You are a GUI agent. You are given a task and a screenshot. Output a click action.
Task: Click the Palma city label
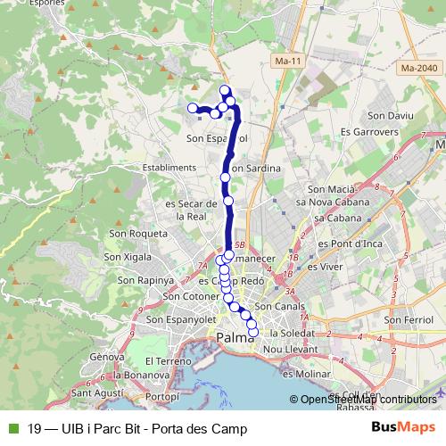pos(235,336)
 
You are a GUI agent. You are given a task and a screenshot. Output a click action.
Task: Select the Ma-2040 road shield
pos(419,68)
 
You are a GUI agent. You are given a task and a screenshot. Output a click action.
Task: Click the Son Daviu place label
pos(389,116)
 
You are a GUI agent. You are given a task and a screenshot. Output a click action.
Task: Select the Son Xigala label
pos(129,256)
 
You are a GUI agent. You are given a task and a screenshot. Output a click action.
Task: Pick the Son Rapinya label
pos(142,279)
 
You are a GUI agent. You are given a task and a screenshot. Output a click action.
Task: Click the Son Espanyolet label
pos(182,318)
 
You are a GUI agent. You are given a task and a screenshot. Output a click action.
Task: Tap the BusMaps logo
pos(403,427)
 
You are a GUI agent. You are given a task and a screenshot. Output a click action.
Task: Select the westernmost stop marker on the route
pos(192,109)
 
